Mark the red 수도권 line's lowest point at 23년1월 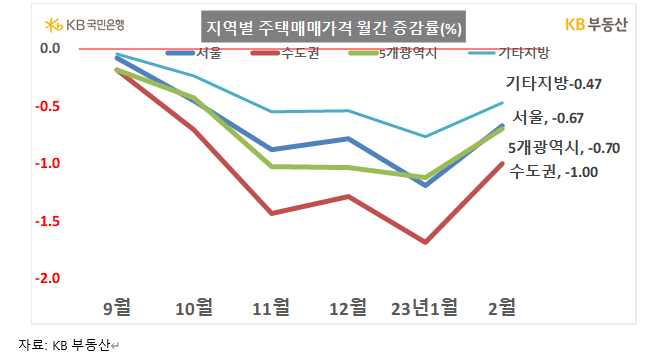click(427, 241)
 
